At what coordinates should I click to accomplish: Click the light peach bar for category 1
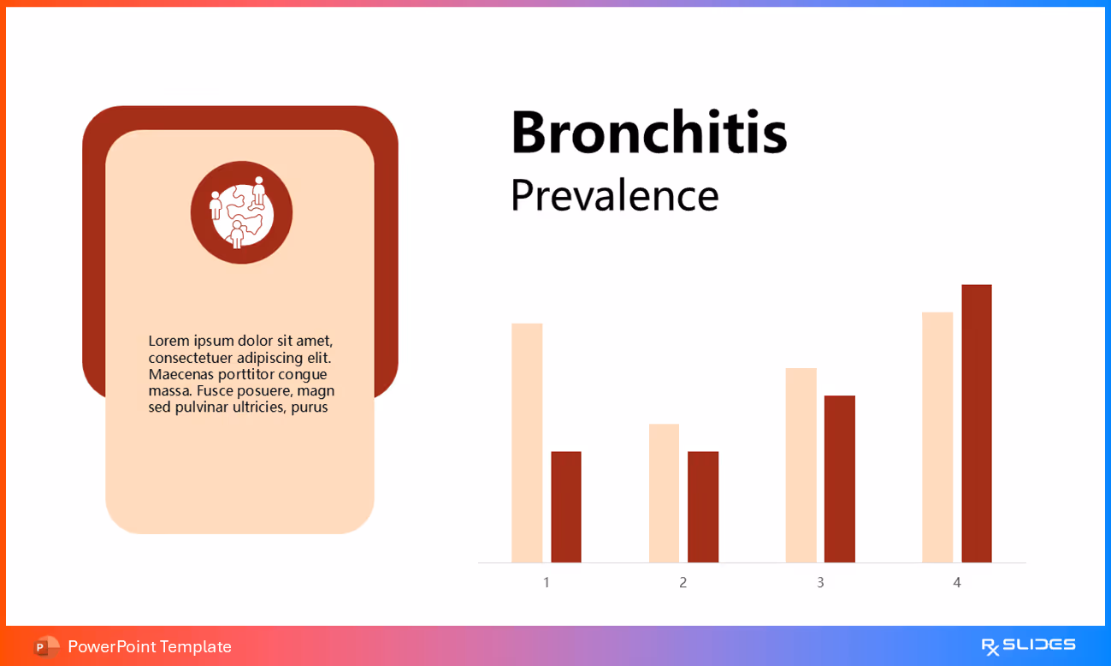[527, 443]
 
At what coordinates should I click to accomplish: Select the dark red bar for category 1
[566, 507]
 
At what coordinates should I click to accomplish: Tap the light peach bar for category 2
[664, 493]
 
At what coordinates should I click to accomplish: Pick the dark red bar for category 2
[703, 507]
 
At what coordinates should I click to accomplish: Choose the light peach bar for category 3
[801, 465]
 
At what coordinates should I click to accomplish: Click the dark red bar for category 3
[840, 479]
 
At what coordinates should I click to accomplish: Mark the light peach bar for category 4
[937, 437]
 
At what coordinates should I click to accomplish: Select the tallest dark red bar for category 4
[977, 424]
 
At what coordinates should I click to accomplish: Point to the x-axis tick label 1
[547, 583]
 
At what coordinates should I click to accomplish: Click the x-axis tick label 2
[683, 583]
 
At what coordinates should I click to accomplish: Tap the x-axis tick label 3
[820, 583]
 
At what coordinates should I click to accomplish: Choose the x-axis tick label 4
[957, 583]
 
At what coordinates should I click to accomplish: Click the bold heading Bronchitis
[648, 133]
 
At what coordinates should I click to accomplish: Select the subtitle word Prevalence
[614, 196]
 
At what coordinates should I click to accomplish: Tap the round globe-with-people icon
[241, 212]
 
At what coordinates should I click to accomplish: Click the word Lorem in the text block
[168, 341]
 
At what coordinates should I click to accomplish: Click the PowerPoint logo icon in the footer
[46, 646]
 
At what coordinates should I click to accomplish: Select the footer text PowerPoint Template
[150, 646]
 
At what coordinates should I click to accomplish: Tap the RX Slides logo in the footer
[1028, 645]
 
